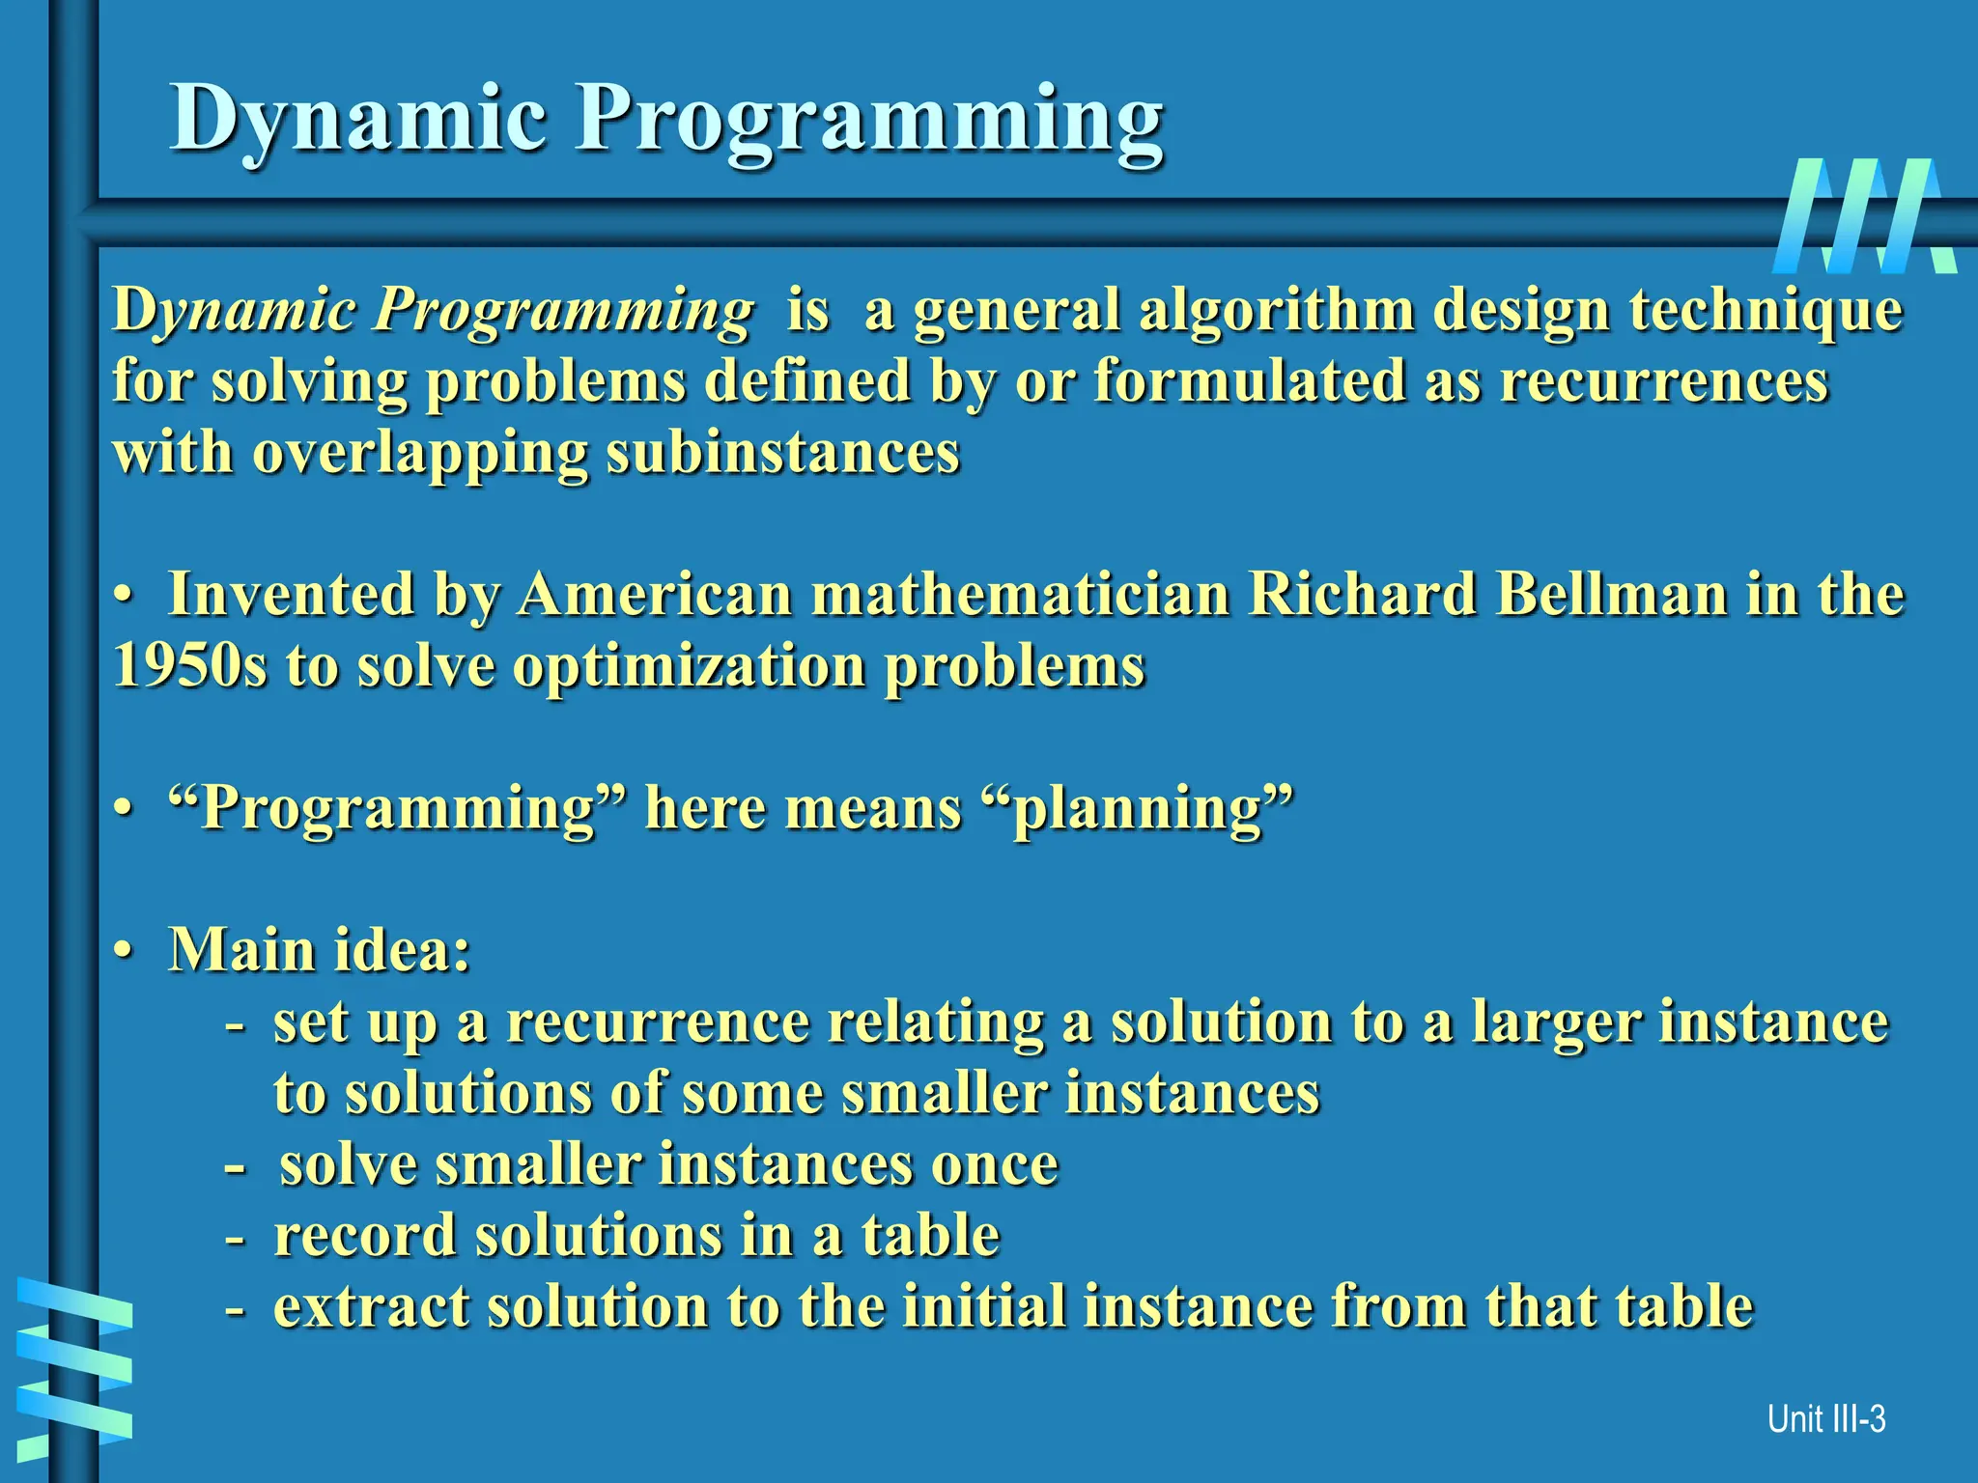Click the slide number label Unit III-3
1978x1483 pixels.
(1825, 1419)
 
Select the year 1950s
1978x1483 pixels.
(189, 666)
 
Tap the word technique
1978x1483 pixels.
(1766, 311)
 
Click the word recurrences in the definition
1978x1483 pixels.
(1663, 380)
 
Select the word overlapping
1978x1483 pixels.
(419, 454)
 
